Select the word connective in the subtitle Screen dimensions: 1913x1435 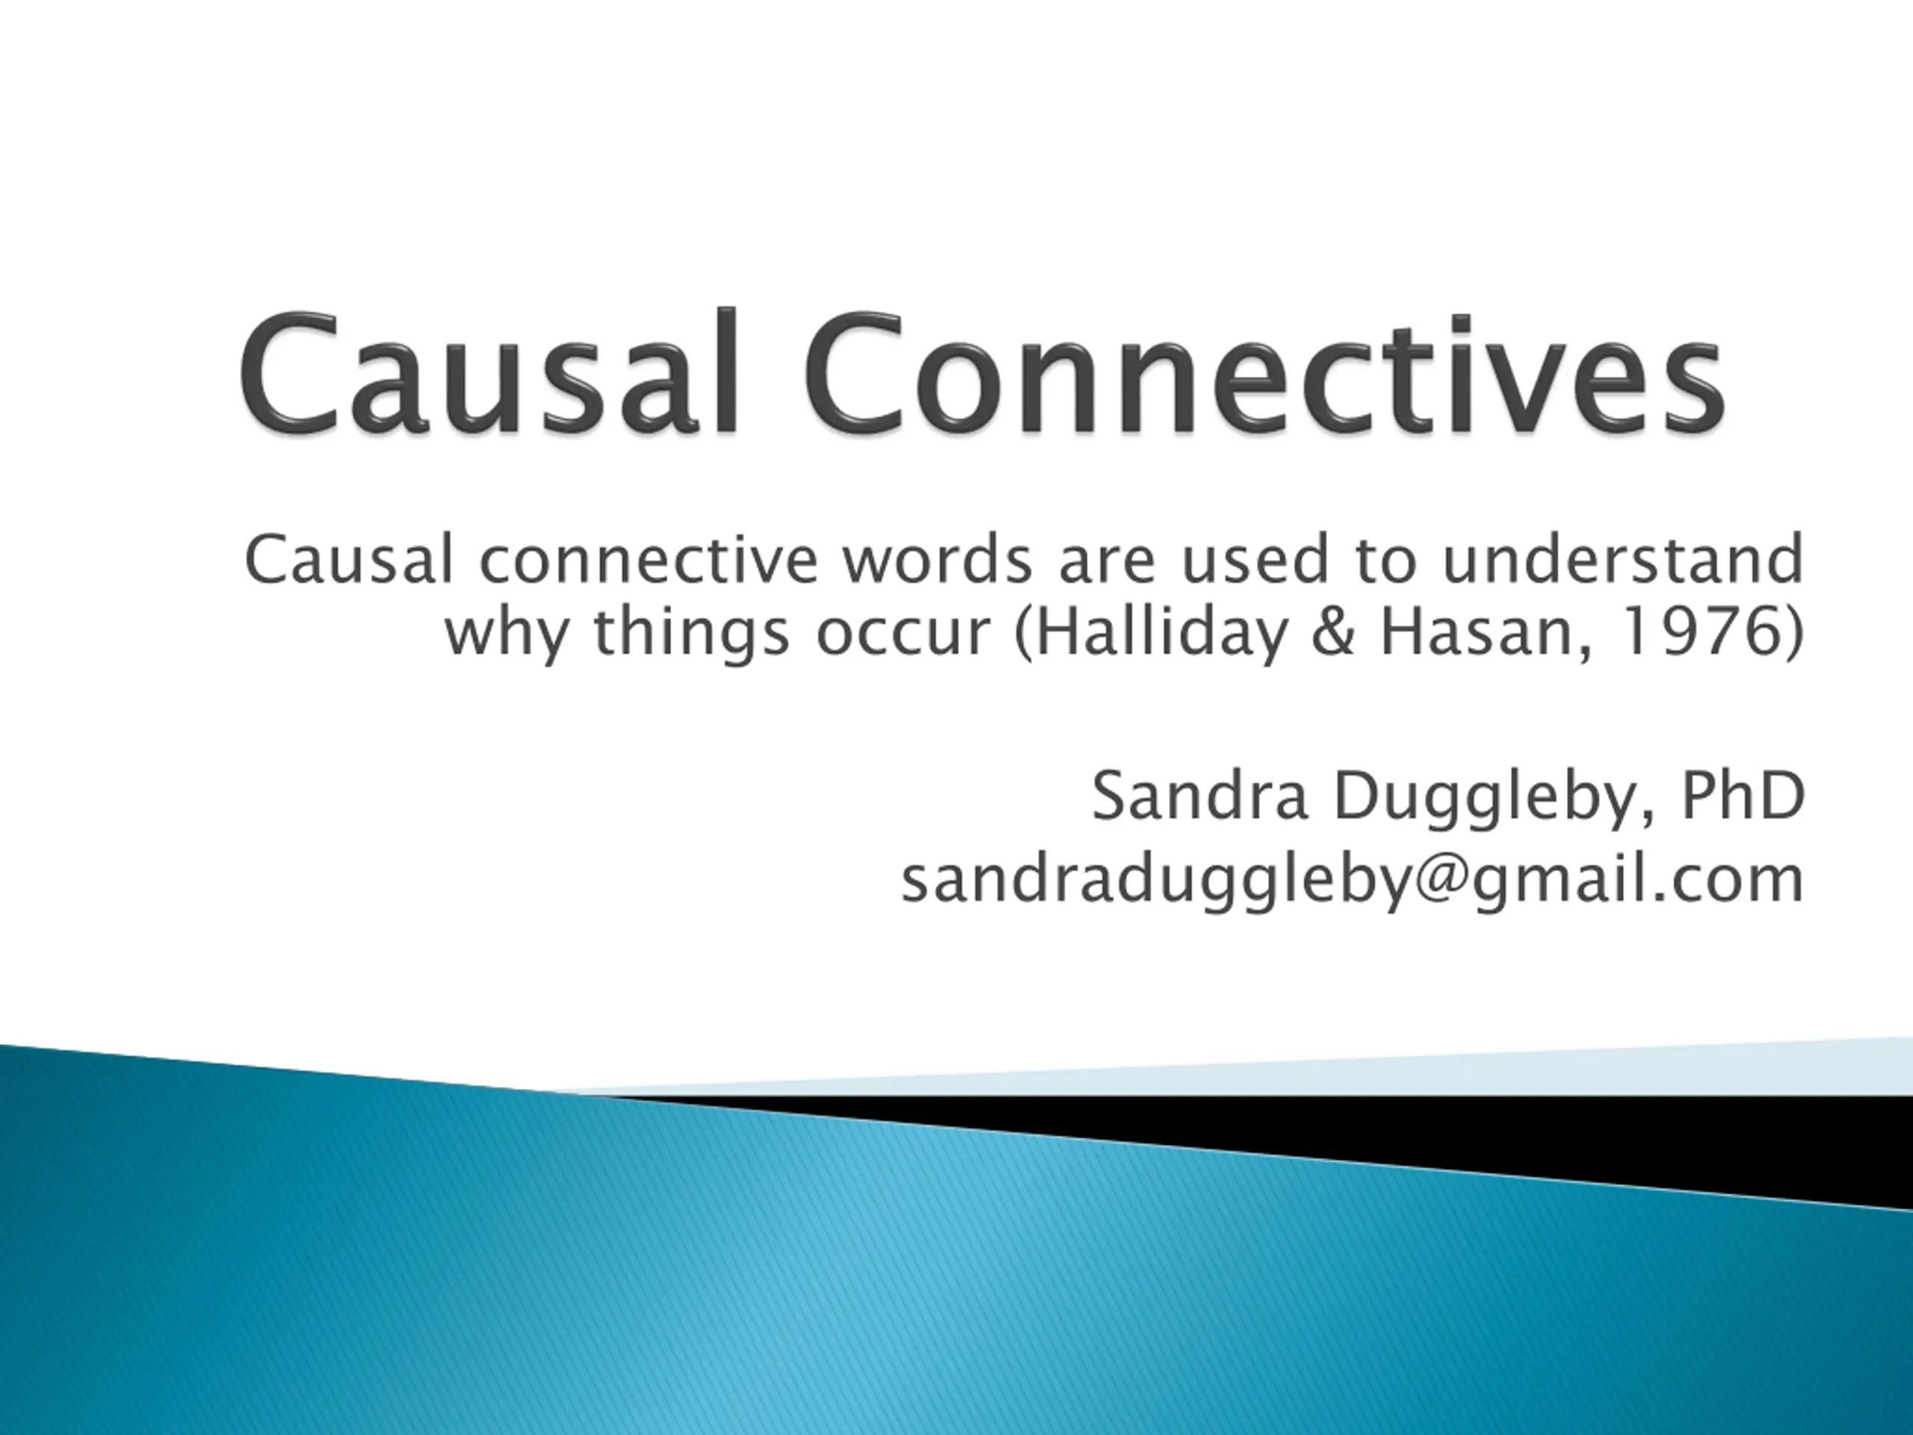(x=648, y=560)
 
